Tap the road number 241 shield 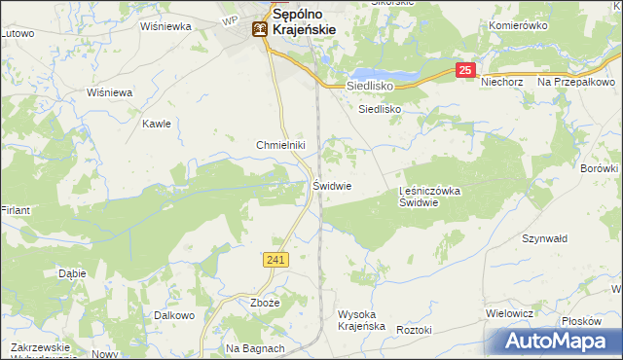click(x=275, y=259)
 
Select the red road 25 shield click(x=466, y=70)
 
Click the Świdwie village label click(x=332, y=185)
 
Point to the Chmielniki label click(x=281, y=145)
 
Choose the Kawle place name click(x=157, y=124)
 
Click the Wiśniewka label click(x=165, y=26)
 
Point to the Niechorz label click(x=503, y=83)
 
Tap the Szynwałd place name click(x=544, y=238)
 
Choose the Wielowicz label click(x=509, y=313)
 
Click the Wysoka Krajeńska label click(x=361, y=320)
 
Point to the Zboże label click(x=265, y=303)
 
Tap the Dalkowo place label click(x=174, y=315)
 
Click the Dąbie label click(x=72, y=273)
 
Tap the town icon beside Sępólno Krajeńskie click(x=259, y=29)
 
